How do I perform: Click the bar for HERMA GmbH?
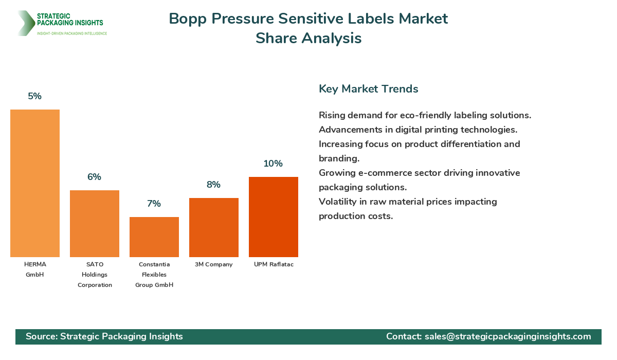click(x=35, y=183)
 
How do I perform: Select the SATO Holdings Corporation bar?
click(x=95, y=224)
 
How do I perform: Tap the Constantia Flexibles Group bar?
click(x=154, y=237)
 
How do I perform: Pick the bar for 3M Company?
click(x=214, y=227)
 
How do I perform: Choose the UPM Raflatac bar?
click(x=274, y=217)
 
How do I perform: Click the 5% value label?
click(x=35, y=96)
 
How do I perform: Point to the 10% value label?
click(x=273, y=164)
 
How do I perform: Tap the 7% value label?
click(x=154, y=204)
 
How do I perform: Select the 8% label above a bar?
click(x=213, y=185)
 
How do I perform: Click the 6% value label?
click(x=94, y=177)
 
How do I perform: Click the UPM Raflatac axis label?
click(x=274, y=264)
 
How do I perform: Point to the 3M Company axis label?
click(x=214, y=264)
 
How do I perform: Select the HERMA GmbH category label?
click(x=35, y=269)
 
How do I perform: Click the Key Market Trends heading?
click(x=368, y=88)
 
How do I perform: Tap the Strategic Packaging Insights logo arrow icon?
click(x=26, y=23)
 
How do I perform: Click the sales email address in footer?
click(x=507, y=336)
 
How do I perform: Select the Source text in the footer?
click(x=104, y=336)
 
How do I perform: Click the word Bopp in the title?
click(x=188, y=19)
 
